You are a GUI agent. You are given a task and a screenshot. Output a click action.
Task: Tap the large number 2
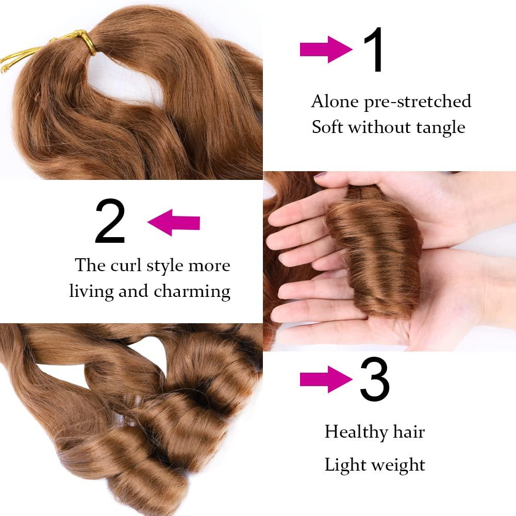[x=110, y=222]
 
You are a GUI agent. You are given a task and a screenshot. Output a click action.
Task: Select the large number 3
[x=375, y=381]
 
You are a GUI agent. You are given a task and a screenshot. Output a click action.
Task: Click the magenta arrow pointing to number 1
[x=326, y=49]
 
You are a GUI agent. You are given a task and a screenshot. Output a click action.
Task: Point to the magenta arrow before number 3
[x=326, y=379]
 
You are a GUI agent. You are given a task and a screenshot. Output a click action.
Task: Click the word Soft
[x=328, y=127]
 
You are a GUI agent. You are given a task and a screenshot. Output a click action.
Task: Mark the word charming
[x=192, y=292]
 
